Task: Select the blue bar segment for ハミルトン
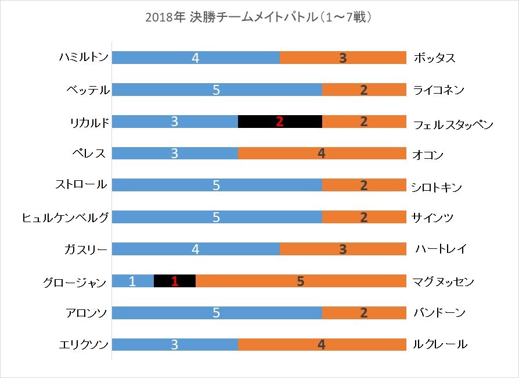click(196, 58)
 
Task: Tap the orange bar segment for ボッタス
click(343, 58)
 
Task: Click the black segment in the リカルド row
click(280, 122)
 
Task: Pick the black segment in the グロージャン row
click(174, 281)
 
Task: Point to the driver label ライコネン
click(439, 90)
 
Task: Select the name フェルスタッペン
click(453, 123)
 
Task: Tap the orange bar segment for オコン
click(322, 154)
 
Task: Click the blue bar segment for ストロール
click(217, 186)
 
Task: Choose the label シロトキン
click(436, 187)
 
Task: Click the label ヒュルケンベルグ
click(64, 217)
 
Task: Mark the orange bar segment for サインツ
click(364, 217)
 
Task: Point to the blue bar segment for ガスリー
click(196, 249)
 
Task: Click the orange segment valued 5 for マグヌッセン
click(301, 281)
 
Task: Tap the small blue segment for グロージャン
click(132, 281)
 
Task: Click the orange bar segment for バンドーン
click(364, 313)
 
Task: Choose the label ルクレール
click(439, 344)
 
